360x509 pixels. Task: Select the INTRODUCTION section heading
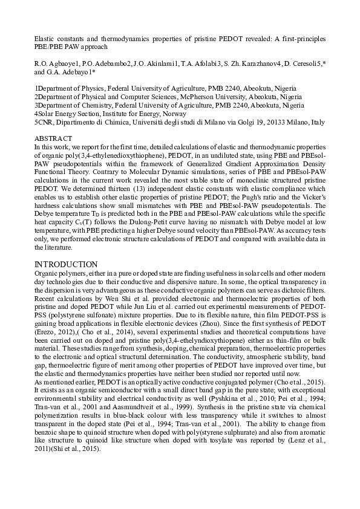click(66, 264)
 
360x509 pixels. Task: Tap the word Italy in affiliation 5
click(318, 122)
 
